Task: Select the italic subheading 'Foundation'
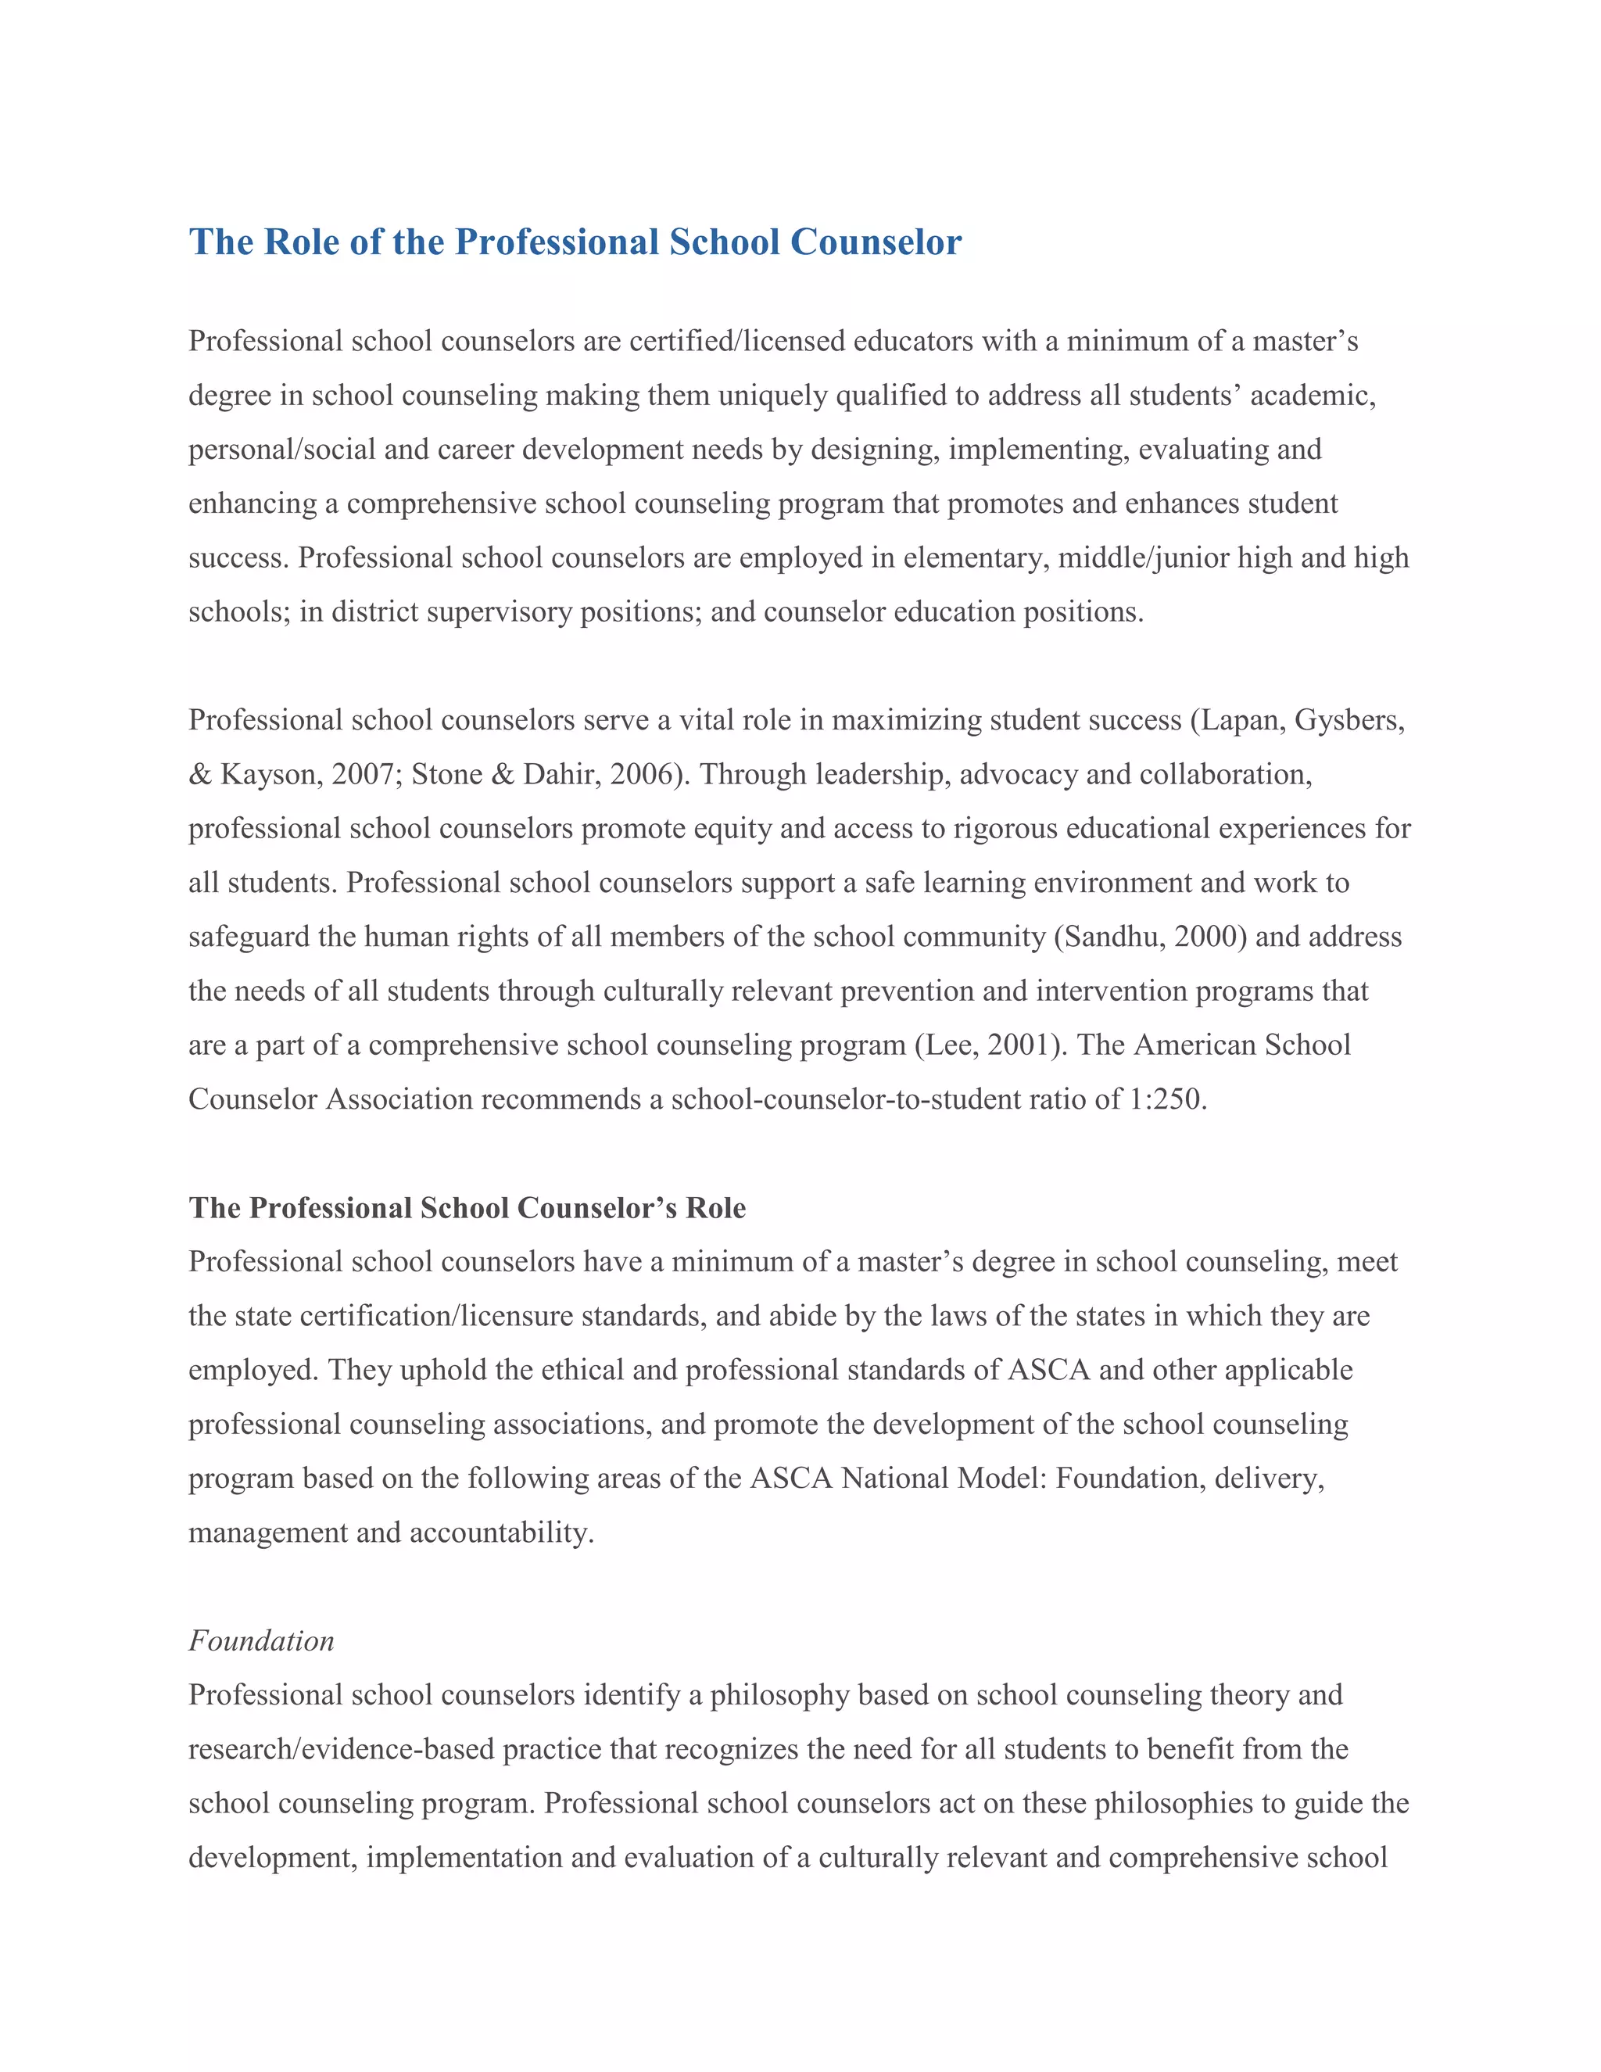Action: point(261,1640)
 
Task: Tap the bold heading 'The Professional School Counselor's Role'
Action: point(467,1208)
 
